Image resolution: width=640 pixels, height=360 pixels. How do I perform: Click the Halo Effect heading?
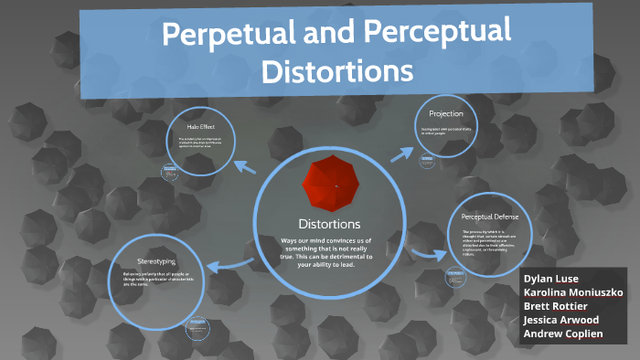[x=200, y=126]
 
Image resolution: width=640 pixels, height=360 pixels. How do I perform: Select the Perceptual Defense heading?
[x=490, y=217]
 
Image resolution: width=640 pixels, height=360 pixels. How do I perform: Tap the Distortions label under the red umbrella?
[x=329, y=223]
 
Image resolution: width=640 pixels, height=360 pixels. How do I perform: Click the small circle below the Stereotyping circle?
[x=197, y=328]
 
